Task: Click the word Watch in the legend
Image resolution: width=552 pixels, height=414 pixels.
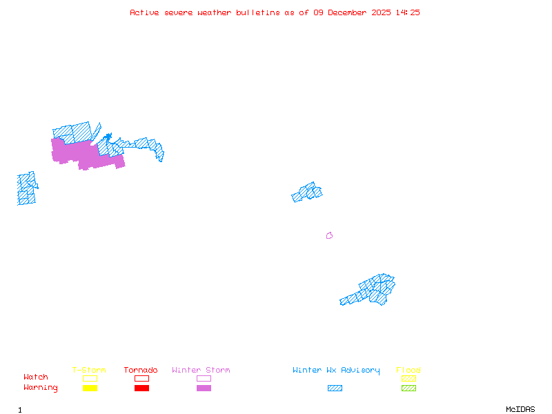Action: tap(36, 377)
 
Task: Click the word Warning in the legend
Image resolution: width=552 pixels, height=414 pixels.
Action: tap(41, 388)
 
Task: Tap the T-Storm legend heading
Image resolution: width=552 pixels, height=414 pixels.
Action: tap(89, 371)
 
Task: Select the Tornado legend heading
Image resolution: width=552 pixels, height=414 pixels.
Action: tap(141, 371)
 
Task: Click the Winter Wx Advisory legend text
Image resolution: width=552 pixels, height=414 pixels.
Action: tap(336, 371)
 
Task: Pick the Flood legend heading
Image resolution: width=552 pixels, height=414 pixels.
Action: tap(408, 371)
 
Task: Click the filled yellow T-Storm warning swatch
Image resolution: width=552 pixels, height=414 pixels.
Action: tap(90, 388)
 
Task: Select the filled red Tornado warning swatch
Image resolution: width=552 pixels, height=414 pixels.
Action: tap(141, 388)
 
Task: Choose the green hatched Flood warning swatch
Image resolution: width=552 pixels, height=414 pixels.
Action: tap(408, 388)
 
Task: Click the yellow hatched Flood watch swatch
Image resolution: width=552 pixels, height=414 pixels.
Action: tap(408, 378)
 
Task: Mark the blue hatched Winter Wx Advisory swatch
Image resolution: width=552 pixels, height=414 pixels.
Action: tap(335, 388)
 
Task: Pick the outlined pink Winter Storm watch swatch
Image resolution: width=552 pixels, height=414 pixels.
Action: tap(204, 378)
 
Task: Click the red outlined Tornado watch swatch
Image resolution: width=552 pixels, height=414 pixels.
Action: tap(141, 378)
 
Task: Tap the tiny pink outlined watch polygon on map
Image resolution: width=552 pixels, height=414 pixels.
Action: tap(329, 236)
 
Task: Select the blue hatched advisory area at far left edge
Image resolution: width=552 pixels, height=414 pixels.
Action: tap(26, 188)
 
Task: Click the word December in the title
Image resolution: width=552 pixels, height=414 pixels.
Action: tap(352, 12)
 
